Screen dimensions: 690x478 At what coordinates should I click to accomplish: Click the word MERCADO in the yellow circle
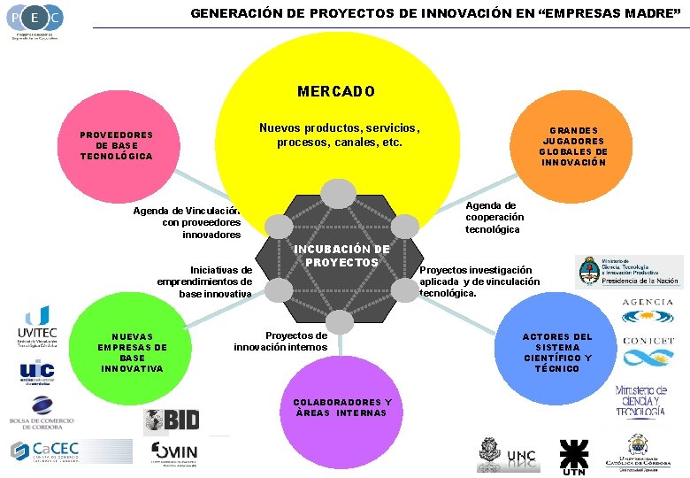pos(336,91)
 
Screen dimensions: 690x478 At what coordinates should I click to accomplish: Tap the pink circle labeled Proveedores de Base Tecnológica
pos(117,145)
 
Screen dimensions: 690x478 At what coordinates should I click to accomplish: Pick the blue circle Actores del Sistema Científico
pos(557,352)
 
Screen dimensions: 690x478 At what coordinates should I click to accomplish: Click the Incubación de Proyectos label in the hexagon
pos(341,256)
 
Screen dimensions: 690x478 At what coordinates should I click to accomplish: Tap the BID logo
pos(172,420)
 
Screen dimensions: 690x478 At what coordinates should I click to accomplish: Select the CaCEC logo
pos(45,451)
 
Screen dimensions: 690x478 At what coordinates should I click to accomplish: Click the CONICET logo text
pos(648,340)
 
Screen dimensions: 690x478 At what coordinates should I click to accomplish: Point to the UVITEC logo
pos(37,327)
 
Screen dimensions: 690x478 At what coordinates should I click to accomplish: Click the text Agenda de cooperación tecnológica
pos(494,217)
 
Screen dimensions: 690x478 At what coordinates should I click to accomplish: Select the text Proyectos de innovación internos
pos(280,341)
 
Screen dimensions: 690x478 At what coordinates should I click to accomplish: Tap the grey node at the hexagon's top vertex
pos(337,193)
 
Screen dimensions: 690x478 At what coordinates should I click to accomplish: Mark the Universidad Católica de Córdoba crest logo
pos(636,451)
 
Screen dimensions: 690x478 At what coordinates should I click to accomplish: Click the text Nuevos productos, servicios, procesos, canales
pos(339,135)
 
